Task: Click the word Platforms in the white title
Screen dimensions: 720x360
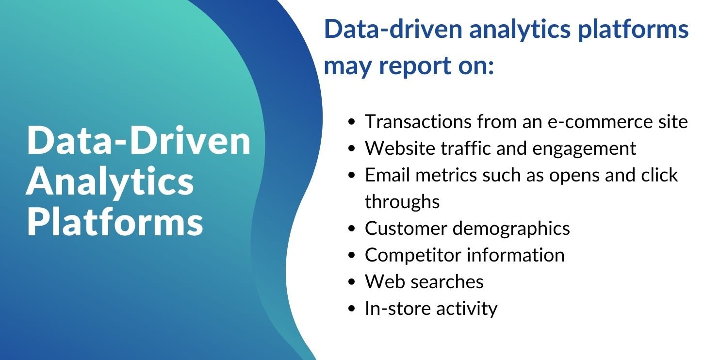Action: coord(115,222)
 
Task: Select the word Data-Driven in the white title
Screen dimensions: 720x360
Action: coord(139,140)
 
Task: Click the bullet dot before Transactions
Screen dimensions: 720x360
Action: coord(352,122)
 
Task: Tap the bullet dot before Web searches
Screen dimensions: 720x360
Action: coord(352,282)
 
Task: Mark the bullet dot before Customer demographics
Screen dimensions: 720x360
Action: coord(352,229)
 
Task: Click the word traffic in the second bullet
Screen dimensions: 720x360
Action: coord(466,148)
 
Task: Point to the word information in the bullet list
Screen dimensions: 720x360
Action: coord(516,255)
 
